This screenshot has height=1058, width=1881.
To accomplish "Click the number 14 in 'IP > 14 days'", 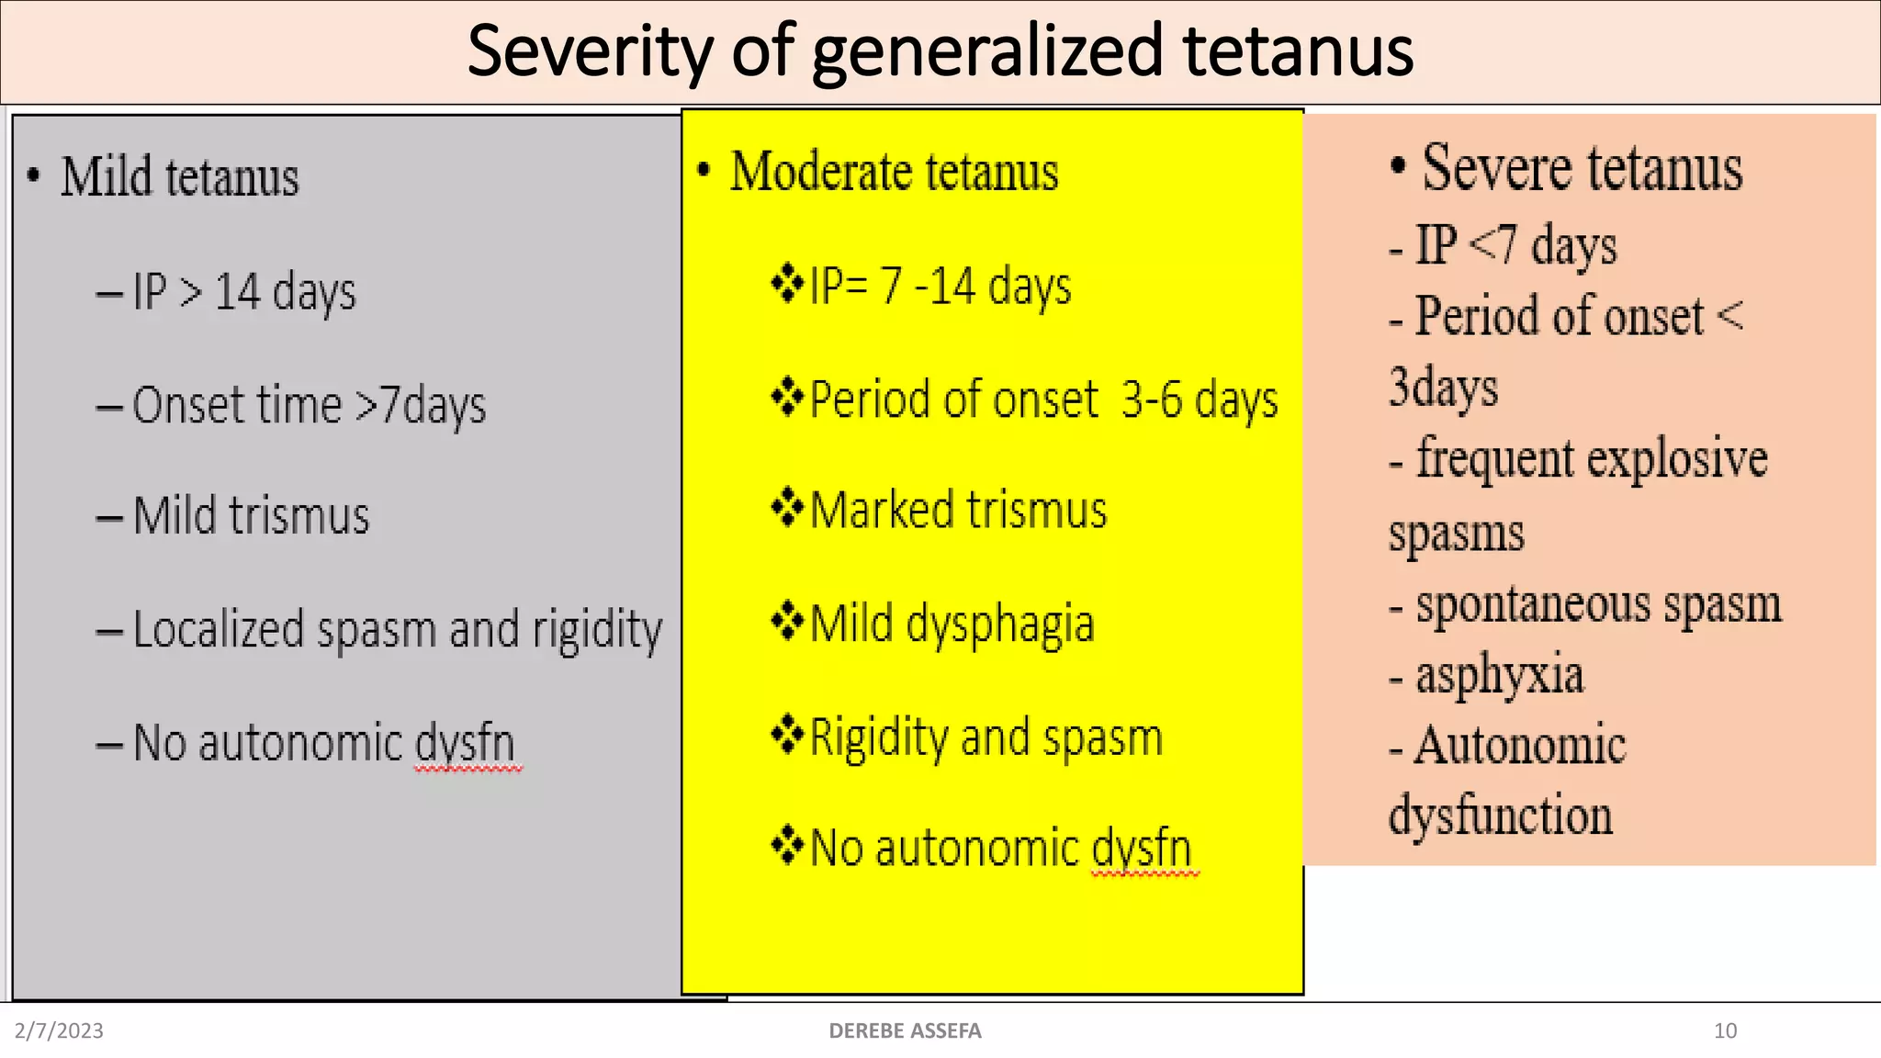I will (238, 292).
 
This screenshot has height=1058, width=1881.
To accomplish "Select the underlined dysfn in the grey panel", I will (466, 744).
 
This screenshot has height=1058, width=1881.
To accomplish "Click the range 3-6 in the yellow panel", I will (1152, 400).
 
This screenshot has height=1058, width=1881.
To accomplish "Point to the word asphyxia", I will (1499, 675).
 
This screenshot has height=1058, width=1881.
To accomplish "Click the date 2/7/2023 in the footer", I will (59, 1030).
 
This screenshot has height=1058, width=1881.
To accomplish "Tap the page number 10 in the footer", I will (1725, 1030).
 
